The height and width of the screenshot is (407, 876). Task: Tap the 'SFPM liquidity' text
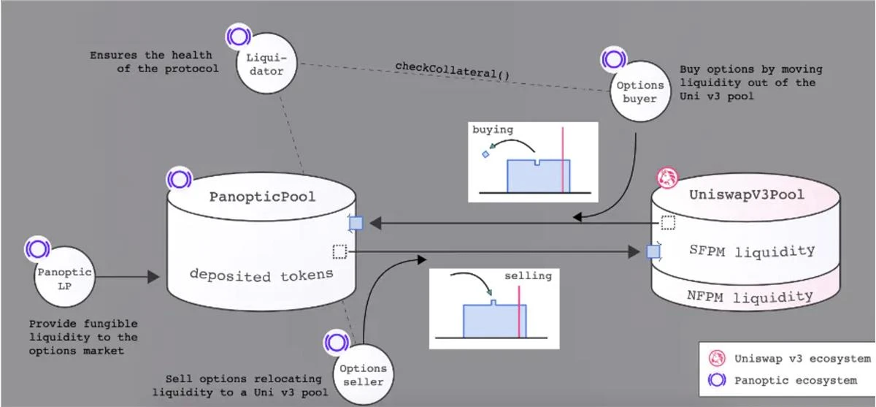tap(752, 251)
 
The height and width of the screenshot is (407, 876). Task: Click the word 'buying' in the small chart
tap(493, 130)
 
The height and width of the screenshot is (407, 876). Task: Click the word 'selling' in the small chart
tap(528, 276)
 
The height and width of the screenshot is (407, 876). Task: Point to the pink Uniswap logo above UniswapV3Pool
tap(666, 176)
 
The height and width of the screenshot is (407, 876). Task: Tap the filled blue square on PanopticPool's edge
tap(356, 223)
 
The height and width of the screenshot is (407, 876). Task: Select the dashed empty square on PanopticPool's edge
tap(339, 252)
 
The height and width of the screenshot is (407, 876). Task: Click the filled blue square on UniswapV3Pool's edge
tap(654, 252)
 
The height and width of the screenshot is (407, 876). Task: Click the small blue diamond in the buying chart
tap(485, 154)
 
